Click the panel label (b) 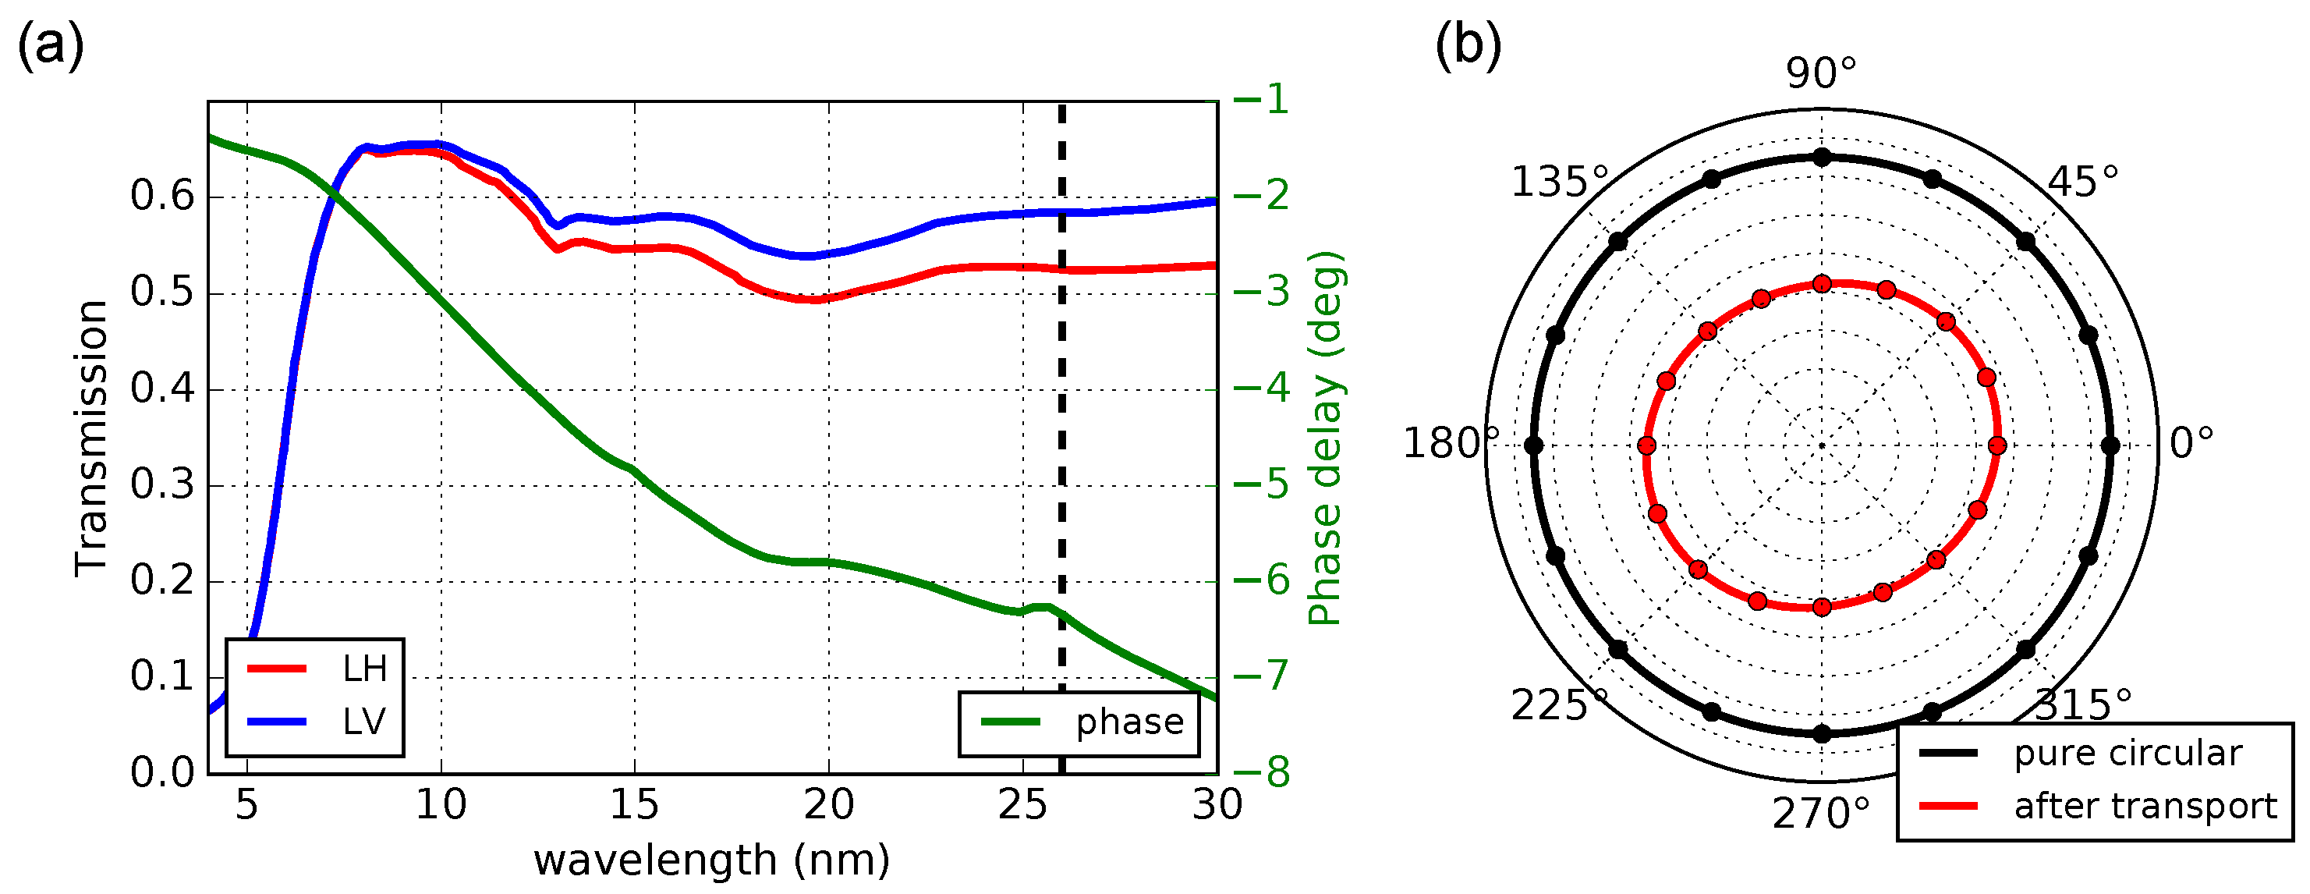(x=1468, y=44)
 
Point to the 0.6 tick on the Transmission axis (x=162, y=197)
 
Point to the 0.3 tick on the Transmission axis (x=162, y=485)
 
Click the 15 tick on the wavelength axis (x=634, y=804)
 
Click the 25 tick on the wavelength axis (x=1022, y=804)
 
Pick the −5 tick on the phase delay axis (x=1262, y=485)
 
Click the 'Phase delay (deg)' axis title (x=1325, y=438)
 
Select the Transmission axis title (x=91, y=438)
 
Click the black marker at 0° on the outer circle (x=2110, y=445)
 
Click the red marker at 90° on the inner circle (x=1822, y=284)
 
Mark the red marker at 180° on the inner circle (x=1646, y=445)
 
